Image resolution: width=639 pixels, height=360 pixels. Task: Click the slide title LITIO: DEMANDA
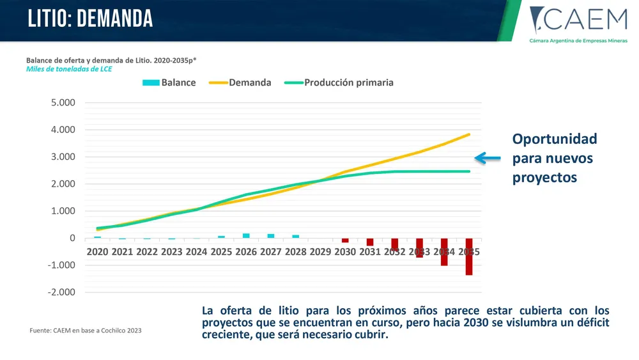tap(90, 19)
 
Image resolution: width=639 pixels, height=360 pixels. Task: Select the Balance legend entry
tap(170, 82)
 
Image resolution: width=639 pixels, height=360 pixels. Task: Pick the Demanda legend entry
tap(242, 82)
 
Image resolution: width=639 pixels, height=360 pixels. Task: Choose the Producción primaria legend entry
tap(340, 82)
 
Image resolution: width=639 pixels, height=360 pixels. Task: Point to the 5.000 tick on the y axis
tap(63, 102)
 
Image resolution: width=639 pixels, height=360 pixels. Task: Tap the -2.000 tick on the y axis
tap(61, 292)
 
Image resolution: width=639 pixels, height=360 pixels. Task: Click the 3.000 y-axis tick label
tap(63, 157)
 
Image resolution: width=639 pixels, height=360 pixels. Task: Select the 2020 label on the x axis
tap(97, 252)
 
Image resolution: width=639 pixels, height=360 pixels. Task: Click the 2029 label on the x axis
tap(320, 252)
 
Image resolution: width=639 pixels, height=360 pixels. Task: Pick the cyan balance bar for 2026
tap(246, 235)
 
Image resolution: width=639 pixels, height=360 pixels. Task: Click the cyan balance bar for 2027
tap(271, 236)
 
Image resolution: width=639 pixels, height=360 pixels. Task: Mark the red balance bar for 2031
tap(370, 242)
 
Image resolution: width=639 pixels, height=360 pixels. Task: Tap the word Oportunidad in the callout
tap(555, 139)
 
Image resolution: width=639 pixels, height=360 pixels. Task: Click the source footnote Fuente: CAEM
tap(86, 331)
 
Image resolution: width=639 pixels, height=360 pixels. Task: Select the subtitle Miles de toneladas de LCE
tap(69, 69)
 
